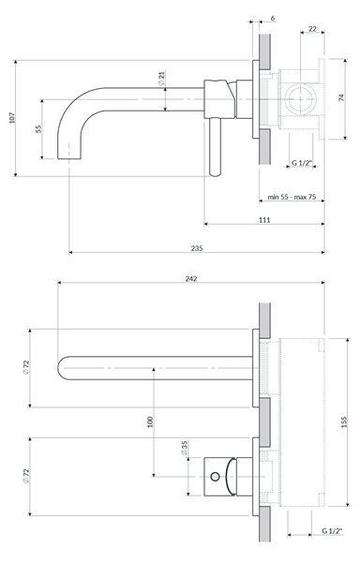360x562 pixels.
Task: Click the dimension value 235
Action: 197,248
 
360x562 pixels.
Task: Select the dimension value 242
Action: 191,278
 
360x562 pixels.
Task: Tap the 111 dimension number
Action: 264,220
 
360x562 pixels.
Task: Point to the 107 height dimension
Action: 12,118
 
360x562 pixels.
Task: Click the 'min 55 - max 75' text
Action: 292,197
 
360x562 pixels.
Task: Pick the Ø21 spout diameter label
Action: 161,78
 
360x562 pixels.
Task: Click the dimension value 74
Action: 341,97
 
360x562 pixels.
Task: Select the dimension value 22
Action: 312,28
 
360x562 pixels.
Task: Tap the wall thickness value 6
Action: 273,18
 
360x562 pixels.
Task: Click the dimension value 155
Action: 344,421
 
